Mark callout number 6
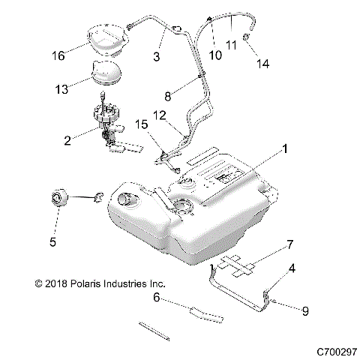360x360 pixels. click(157, 297)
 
